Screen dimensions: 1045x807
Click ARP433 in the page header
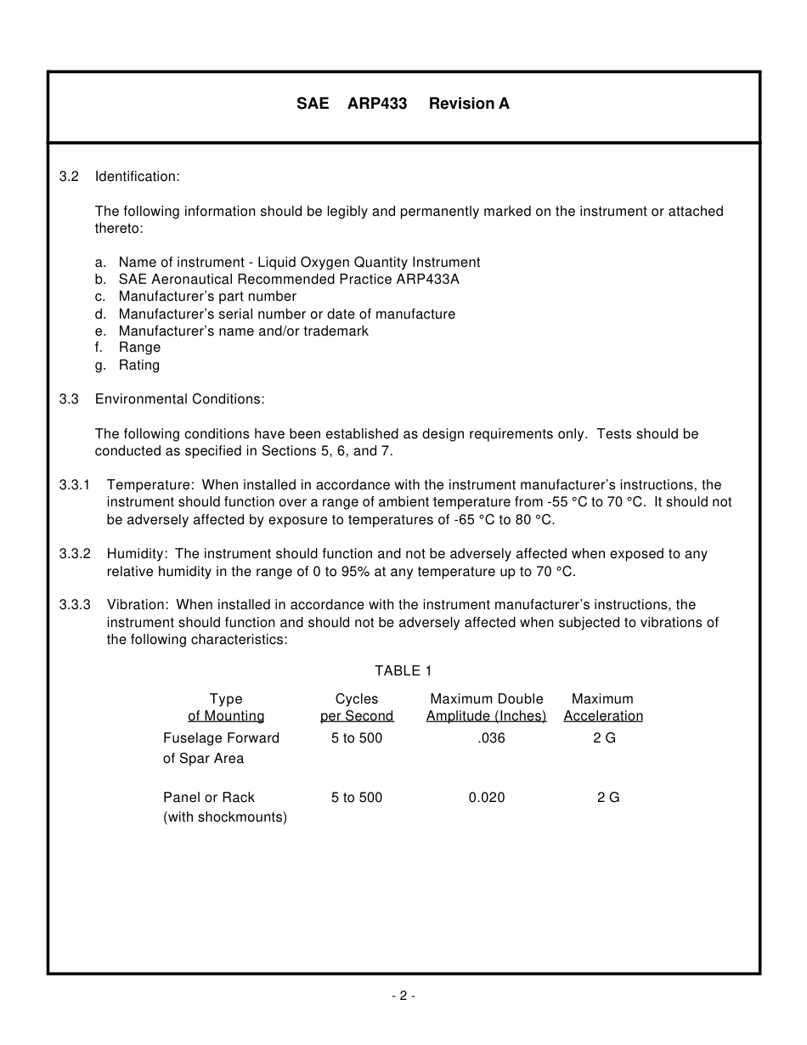click(377, 104)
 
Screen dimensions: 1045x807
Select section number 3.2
click(69, 177)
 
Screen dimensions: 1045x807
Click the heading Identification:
click(137, 177)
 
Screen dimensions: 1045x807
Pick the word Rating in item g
click(139, 365)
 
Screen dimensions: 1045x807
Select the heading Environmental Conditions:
click(180, 399)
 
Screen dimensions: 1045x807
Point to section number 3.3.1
click(75, 485)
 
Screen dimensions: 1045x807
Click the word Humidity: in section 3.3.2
click(138, 554)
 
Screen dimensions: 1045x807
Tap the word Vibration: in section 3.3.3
click(138, 605)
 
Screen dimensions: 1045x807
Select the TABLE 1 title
click(403, 671)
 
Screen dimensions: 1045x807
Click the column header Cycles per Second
click(357, 708)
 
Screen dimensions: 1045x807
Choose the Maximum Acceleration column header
click(603, 708)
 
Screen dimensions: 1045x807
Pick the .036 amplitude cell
click(491, 738)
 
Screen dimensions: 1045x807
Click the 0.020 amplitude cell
click(487, 798)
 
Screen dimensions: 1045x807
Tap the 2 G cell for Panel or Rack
click(608, 798)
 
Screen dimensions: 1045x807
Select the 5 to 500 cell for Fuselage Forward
click(357, 738)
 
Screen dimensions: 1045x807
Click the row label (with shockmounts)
click(225, 818)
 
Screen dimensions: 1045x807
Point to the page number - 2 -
click(403, 997)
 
